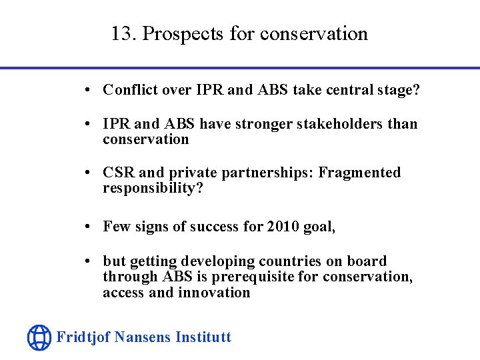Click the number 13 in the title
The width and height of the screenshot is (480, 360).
(121, 33)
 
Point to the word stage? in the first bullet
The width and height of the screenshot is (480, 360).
(399, 90)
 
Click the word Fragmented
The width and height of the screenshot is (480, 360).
(359, 173)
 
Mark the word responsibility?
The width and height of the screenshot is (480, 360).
(153, 188)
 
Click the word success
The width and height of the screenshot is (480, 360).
(215, 227)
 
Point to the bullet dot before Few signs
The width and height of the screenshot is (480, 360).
(89, 227)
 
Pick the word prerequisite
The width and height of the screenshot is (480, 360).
(256, 277)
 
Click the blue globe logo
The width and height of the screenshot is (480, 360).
(39, 337)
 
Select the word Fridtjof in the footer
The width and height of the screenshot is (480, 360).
(83, 337)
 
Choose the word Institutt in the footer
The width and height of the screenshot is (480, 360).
(203, 337)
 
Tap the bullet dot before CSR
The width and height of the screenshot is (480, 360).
(89, 173)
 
